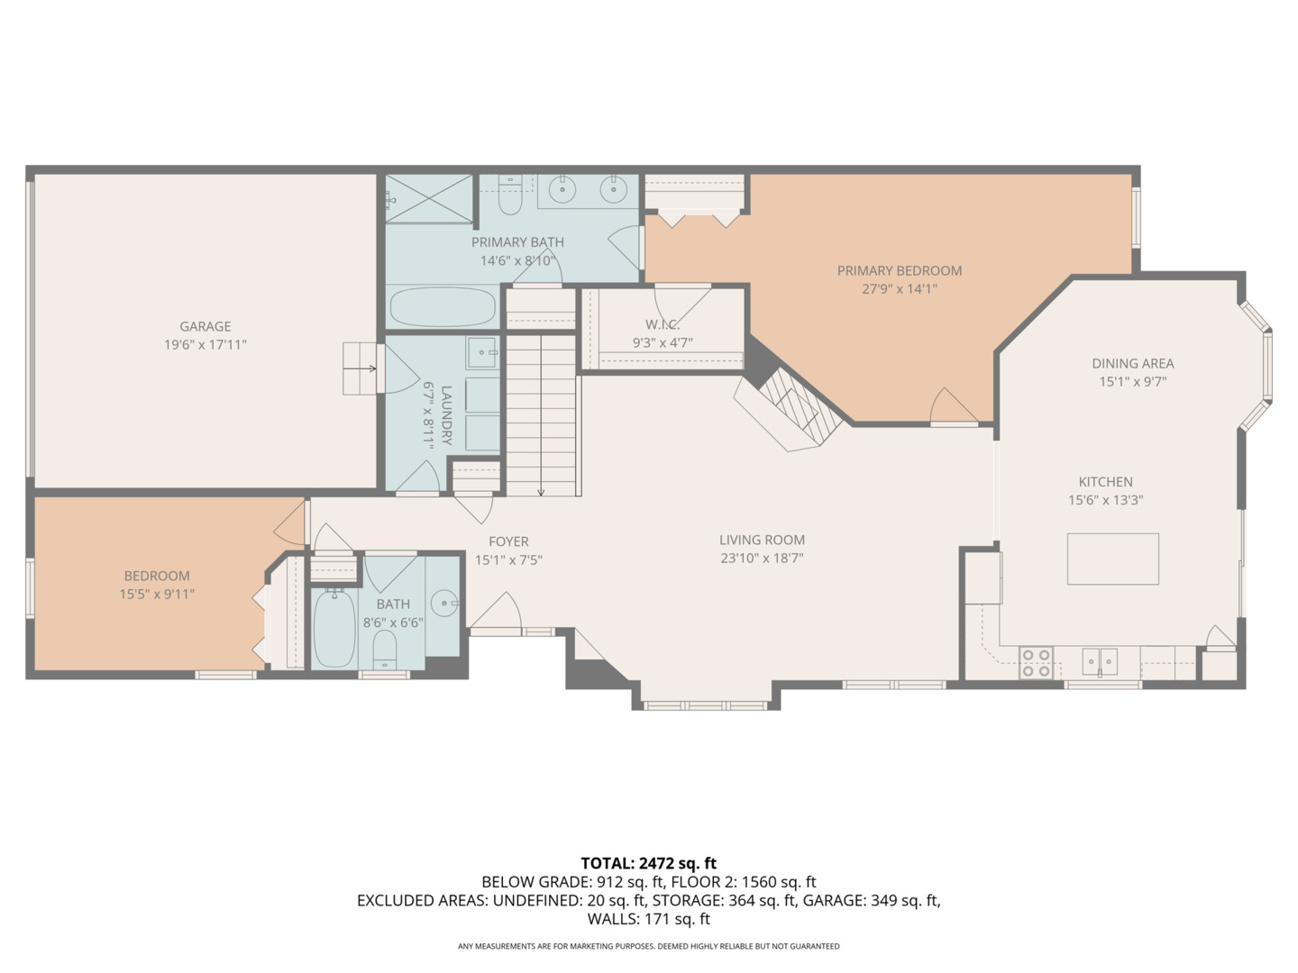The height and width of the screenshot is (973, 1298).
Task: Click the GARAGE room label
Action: pos(206,326)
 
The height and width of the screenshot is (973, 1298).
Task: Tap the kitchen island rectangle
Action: pos(1112,559)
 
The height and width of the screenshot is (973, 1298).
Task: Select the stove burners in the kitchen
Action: pos(1037,663)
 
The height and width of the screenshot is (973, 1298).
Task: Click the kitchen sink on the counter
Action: pos(1100,661)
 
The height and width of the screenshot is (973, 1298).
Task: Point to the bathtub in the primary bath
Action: pos(443,307)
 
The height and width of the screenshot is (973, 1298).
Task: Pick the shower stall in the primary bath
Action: pos(429,198)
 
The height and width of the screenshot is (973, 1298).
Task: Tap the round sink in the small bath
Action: pos(444,604)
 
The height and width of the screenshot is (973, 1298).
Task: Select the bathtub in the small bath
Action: pos(334,628)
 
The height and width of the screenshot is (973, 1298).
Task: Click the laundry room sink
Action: pos(483,352)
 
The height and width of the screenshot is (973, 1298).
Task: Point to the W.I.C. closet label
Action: pos(663,324)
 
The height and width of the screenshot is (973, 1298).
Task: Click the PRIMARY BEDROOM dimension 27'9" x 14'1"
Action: pos(900,289)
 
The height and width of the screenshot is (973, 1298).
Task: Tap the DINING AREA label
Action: pos(1132,363)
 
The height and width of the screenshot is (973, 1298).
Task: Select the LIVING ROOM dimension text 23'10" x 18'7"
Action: pos(762,558)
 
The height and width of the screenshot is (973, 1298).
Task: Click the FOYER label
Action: pos(508,541)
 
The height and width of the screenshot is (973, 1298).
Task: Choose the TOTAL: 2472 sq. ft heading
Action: pos(648,863)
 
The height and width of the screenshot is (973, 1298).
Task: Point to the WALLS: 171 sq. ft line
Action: pos(648,919)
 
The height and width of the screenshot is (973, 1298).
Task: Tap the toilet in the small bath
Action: pos(385,650)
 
